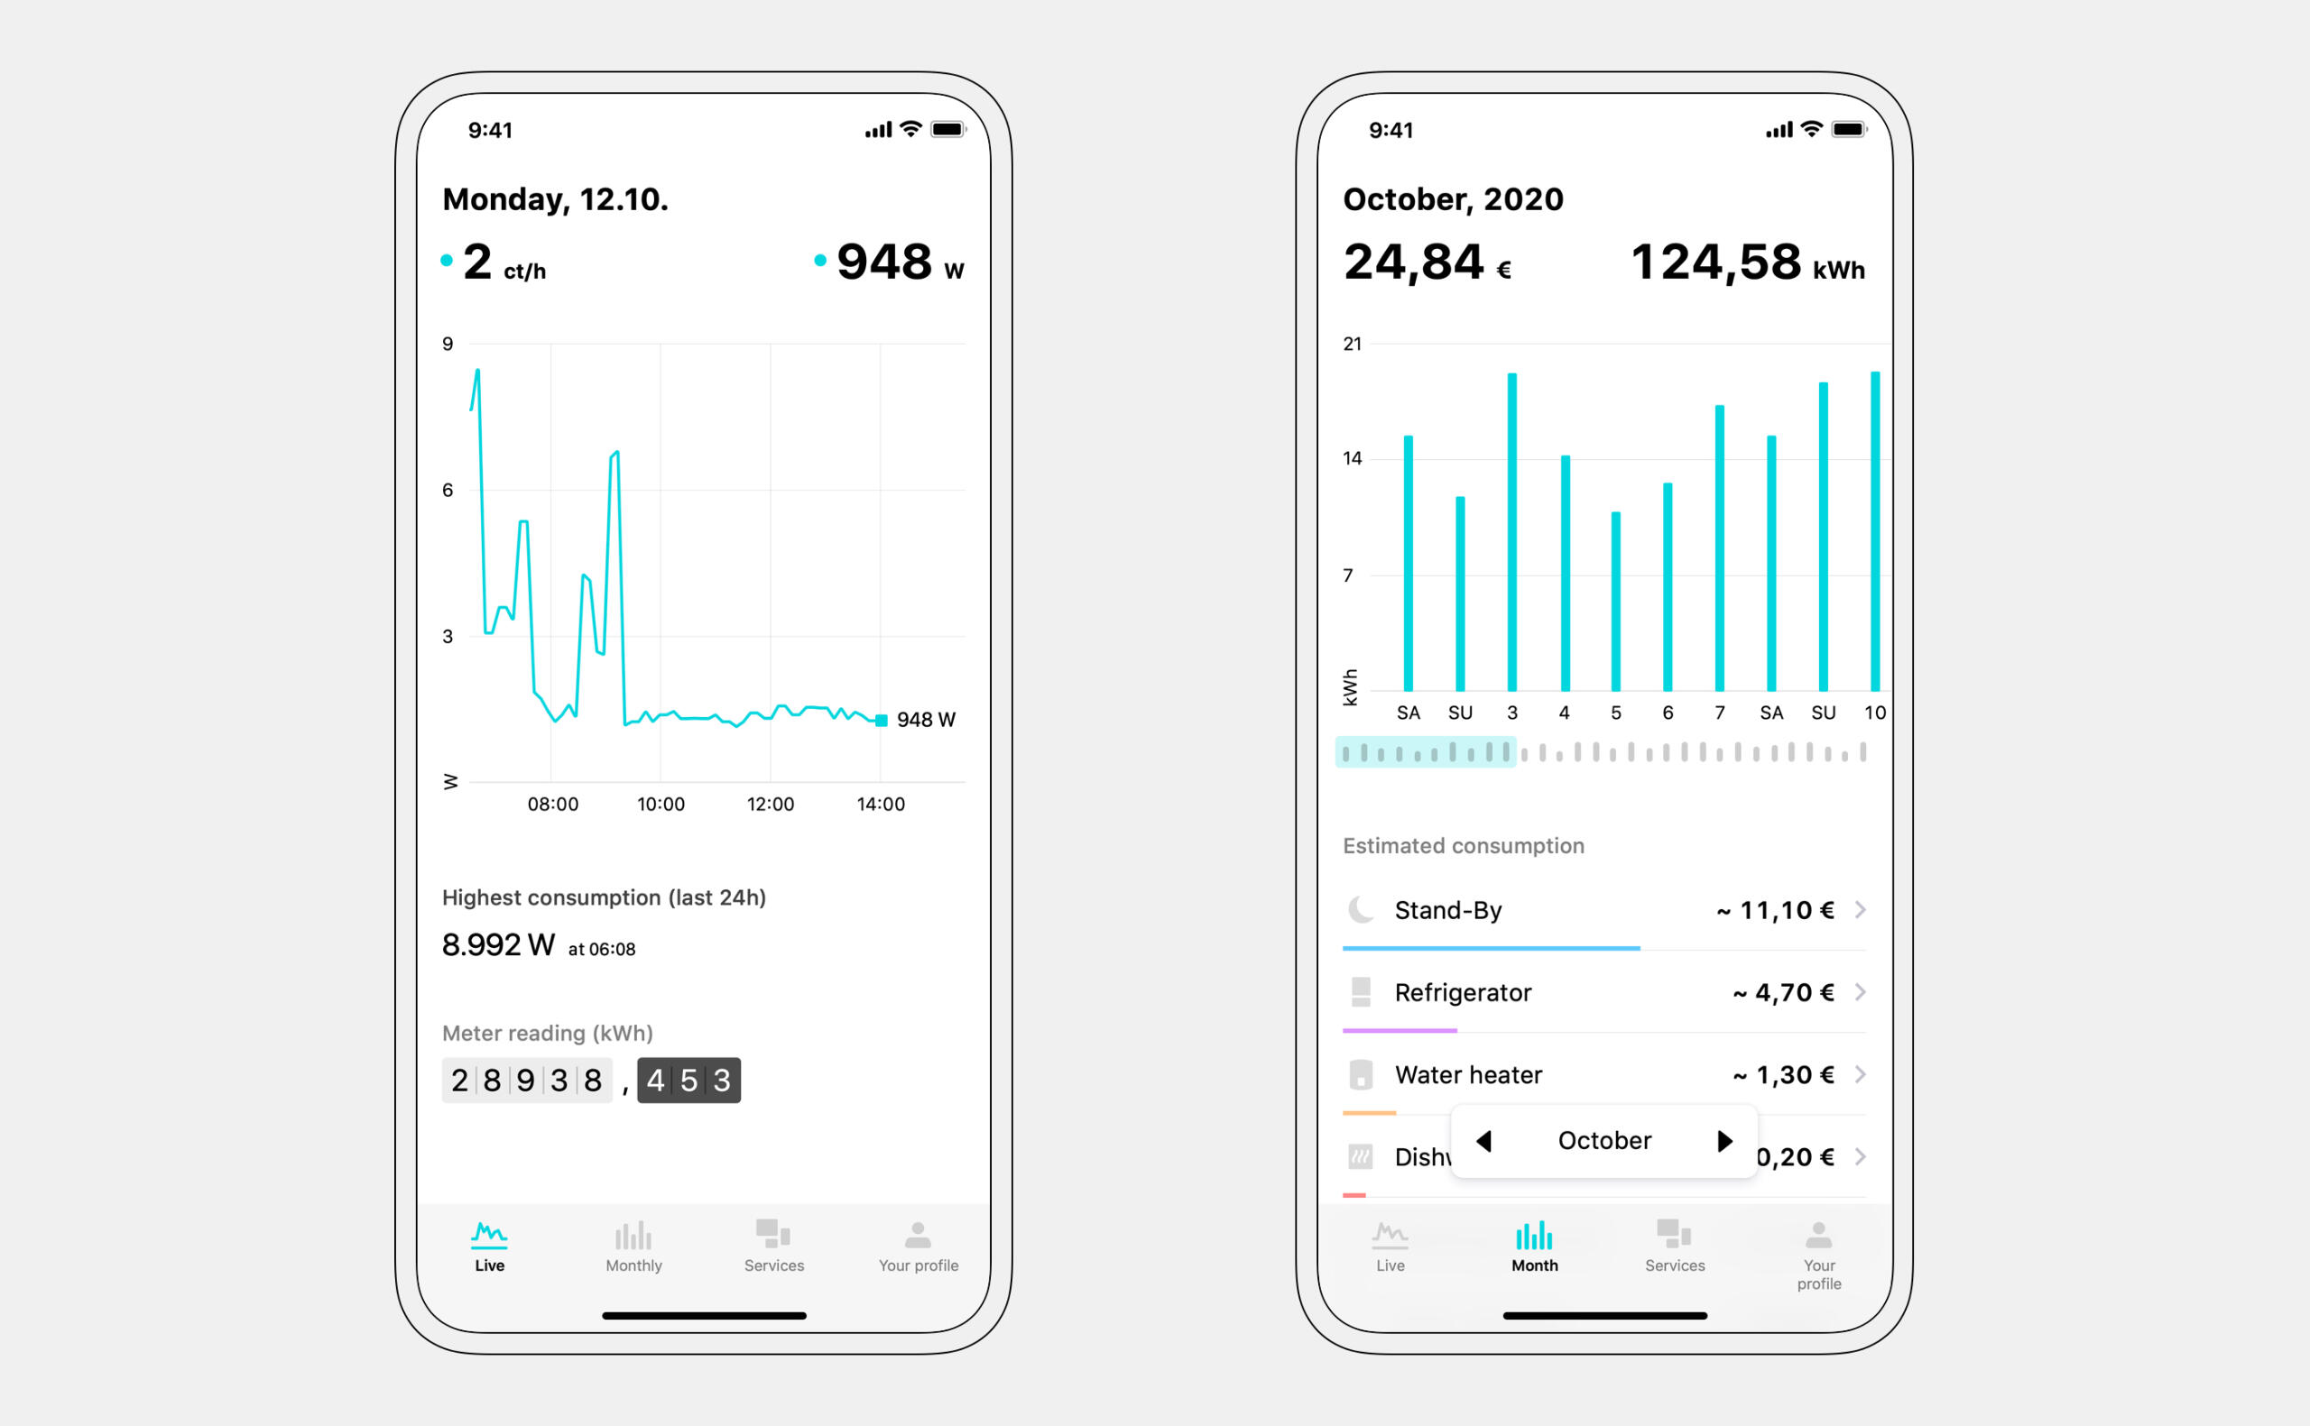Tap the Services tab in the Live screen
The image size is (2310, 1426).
(x=773, y=1246)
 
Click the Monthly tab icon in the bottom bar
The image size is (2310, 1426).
(x=633, y=1236)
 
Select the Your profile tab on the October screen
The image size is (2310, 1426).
(x=1817, y=1256)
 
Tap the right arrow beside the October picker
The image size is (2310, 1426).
(x=1724, y=1141)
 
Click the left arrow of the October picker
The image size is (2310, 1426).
(x=1483, y=1141)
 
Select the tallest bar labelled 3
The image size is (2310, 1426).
(x=1512, y=532)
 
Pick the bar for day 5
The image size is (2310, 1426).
(x=1616, y=601)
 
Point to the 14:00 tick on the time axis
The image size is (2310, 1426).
(x=880, y=805)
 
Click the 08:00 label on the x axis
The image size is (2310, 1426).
(x=553, y=805)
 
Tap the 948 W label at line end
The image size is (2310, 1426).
(x=925, y=721)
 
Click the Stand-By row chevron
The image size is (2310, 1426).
(x=1860, y=910)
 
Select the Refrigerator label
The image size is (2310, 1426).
(x=1462, y=992)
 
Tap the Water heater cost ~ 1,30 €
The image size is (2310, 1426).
(x=1783, y=1075)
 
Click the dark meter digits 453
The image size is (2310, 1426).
(x=688, y=1081)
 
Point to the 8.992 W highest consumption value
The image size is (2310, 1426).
(x=498, y=945)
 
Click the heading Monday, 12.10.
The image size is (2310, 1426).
(x=555, y=200)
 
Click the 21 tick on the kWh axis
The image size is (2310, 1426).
(x=1352, y=345)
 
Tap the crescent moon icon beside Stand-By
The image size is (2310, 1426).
(x=1360, y=910)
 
